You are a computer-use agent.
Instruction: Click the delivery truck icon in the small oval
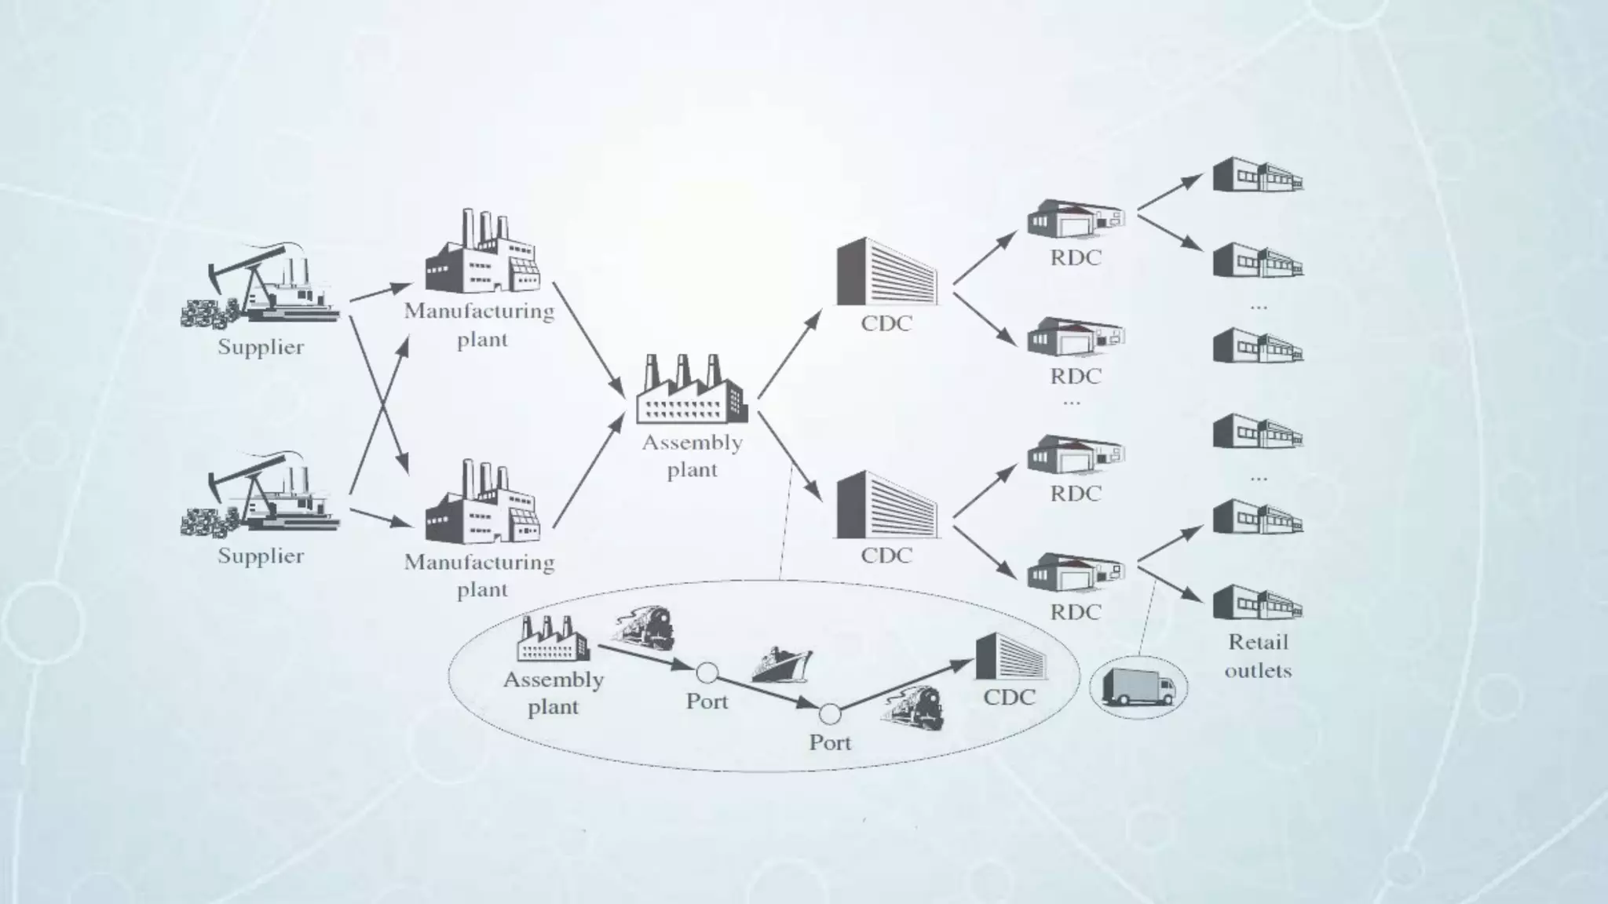tap(1138, 687)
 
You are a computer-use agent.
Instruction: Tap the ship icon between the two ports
tap(781, 665)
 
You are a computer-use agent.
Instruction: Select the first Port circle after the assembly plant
tap(707, 673)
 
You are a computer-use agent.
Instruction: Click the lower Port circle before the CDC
tap(830, 714)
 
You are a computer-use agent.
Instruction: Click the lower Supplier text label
tap(261, 556)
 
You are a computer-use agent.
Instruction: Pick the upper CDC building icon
tap(886, 272)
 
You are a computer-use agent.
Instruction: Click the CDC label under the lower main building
tap(886, 556)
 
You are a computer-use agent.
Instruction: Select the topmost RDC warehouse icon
tap(1076, 218)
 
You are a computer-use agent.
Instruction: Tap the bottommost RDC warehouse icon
tap(1076, 572)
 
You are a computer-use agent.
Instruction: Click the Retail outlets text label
tap(1258, 656)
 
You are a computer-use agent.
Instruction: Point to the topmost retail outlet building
tap(1257, 176)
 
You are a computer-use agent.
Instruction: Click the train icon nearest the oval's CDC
tap(914, 708)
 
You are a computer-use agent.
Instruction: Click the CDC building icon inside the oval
tap(1010, 656)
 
